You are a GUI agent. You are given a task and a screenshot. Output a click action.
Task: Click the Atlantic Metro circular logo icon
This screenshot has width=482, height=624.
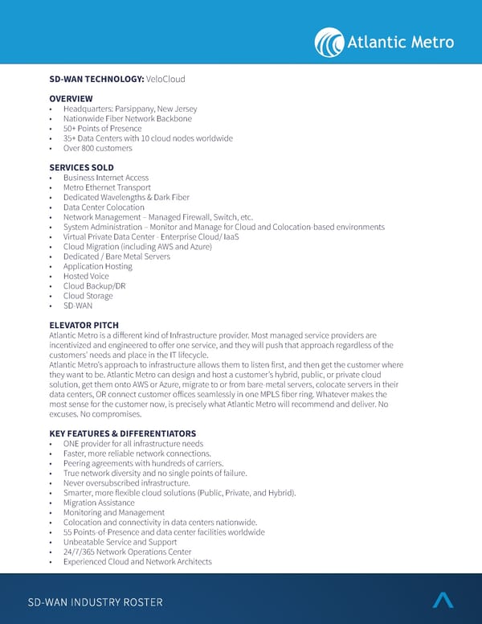(329, 42)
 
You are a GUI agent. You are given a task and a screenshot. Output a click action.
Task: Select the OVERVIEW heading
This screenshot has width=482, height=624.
(71, 99)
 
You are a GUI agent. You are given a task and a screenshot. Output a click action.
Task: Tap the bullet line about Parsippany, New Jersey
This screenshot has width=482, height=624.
(129, 109)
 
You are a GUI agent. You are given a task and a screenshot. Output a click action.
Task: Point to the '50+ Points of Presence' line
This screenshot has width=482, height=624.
(102, 129)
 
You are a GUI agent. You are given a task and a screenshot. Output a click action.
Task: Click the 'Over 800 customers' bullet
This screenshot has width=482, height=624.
(97, 148)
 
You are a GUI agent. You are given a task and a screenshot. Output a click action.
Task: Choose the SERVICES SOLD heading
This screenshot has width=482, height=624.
(81, 168)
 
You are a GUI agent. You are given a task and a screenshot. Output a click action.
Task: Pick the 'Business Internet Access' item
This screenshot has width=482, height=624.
(106, 178)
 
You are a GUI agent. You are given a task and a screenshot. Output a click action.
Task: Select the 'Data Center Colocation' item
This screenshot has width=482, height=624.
(104, 207)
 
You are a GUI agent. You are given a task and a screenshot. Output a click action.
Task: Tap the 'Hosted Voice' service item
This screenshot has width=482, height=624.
(86, 276)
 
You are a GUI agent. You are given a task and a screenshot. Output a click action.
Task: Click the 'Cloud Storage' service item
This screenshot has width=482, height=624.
(88, 296)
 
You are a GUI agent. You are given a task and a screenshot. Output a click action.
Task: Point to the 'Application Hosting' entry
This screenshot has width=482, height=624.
(98, 266)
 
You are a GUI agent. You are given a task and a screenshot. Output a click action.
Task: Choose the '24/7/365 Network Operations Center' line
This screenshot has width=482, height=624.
(127, 552)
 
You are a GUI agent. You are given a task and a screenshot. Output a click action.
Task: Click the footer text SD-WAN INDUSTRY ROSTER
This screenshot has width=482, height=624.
(95, 602)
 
